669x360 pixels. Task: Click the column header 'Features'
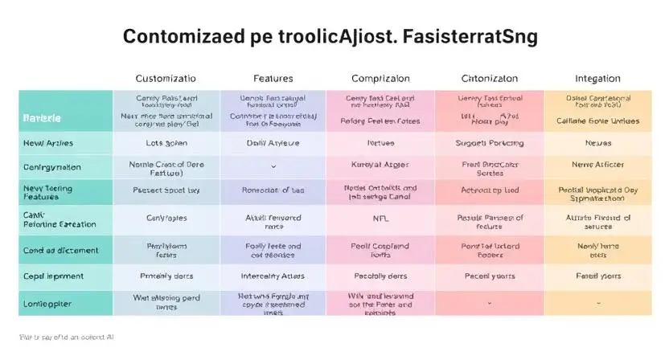tap(273, 79)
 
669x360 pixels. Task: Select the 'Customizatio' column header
tap(165, 79)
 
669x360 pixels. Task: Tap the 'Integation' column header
tap(597, 79)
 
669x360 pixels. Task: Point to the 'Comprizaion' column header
tap(380, 79)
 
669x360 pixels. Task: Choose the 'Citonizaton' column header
tap(489, 79)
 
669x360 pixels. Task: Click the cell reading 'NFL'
tap(380, 218)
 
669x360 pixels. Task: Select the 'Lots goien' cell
tap(165, 142)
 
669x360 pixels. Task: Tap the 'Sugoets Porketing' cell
tap(489, 142)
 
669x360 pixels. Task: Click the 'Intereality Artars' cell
tap(273, 276)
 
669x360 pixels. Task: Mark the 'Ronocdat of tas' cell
tap(273, 191)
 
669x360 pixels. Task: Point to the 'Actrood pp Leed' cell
tap(489, 191)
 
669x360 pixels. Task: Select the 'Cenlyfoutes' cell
tap(165, 218)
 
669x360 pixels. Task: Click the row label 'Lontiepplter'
tap(47, 305)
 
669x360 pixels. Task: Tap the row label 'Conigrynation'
tap(52, 167)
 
